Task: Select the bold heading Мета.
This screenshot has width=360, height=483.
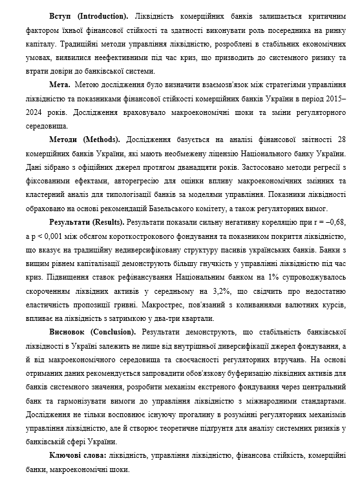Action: coord(60,85)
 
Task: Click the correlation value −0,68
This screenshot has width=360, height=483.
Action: coord(335,222)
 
